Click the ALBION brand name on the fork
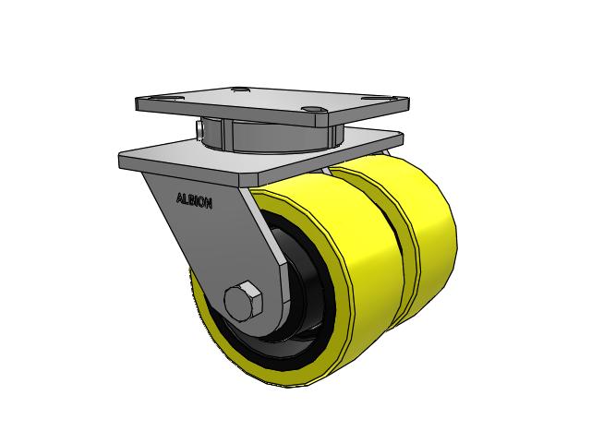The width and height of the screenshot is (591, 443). coord(194,199)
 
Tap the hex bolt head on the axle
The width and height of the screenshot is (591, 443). coord(243,301)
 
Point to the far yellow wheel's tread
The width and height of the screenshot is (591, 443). coord(434,240)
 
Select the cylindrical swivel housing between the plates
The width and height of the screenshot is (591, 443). coord(268,137)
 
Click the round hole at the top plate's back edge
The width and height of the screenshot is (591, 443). coord(241,90)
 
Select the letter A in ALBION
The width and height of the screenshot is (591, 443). coord(179,196)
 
